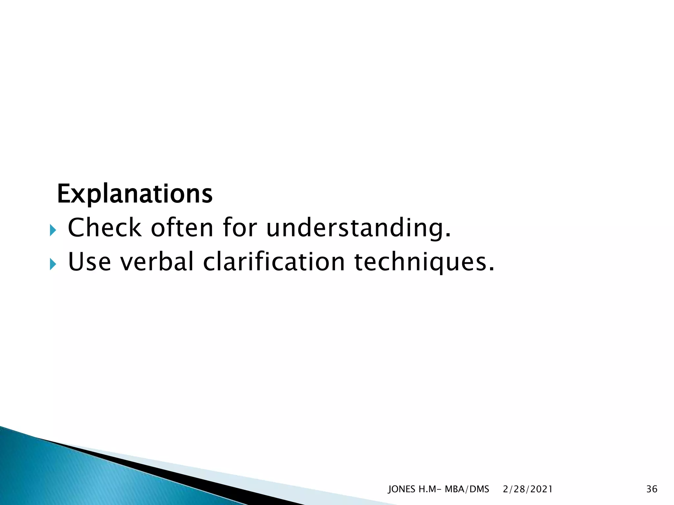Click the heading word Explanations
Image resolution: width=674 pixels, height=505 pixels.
[135, 194]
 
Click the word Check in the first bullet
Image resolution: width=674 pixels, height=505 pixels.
[105, 228]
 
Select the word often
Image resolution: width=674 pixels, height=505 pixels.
[182, 228]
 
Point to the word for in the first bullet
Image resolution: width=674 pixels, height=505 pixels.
[240, 228]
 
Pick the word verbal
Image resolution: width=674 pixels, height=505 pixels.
[157, 262]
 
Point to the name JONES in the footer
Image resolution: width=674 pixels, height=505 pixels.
[402, 489]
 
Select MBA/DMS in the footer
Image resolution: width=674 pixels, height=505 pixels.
[467, 489]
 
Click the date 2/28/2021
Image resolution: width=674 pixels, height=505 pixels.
[528, 489]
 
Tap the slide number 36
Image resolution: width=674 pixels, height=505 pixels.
[652, 489]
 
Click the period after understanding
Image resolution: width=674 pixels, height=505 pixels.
[447, 235]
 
